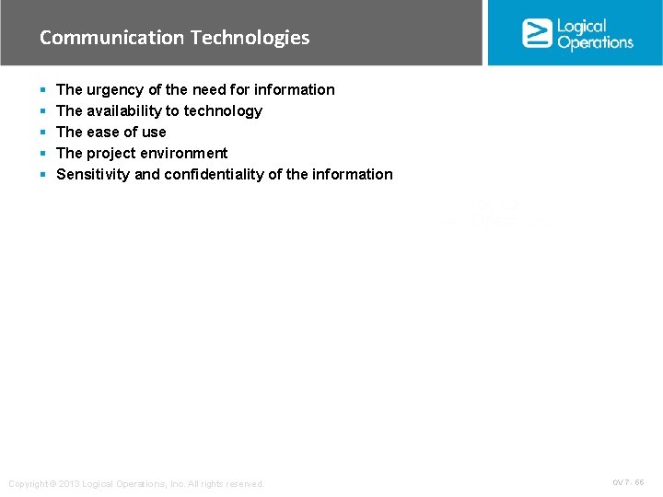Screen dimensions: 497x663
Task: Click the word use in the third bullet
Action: pos(153,132)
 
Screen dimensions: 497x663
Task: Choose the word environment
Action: pos(184,153)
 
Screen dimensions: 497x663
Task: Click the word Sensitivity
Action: pos(93,174)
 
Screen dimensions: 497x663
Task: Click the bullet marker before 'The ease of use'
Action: pos(42,133)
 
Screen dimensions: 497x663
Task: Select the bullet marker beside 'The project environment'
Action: pos(42,154)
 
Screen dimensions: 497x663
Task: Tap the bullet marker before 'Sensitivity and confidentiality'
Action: pos(42,175)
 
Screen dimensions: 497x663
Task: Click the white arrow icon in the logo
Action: pos(537,33)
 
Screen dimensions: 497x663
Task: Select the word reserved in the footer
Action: pos(244,484)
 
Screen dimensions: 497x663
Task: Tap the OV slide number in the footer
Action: pos(628,482)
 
